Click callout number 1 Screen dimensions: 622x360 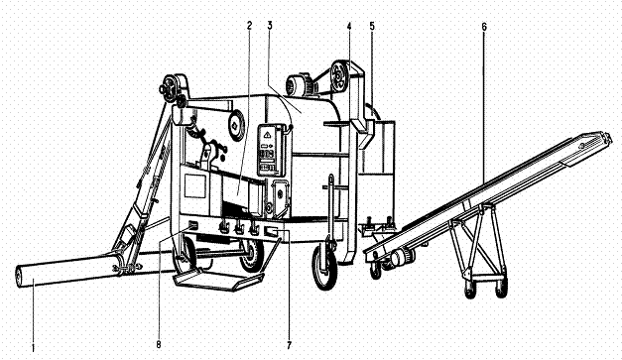[34, 348]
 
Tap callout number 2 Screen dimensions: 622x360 [249, 26]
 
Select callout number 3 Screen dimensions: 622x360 [270, 26]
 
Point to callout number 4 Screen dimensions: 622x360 [349, 26]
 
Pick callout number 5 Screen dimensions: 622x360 [372, 26]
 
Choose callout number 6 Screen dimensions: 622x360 [484, 27]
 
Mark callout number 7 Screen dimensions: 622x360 [289, 345]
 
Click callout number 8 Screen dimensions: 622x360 [159, 344]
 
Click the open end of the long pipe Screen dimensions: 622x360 [19, 277]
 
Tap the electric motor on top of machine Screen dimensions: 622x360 [300, 84]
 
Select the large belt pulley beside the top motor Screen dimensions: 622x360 [339, 75]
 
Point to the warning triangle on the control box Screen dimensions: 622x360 [267, 135]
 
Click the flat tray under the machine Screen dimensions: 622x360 [218, 280]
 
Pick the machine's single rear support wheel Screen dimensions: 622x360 [324, 267]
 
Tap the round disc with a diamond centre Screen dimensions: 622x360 [236, 125]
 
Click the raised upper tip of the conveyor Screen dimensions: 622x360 [608, 137]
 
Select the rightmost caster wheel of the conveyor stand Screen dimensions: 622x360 [501, 289]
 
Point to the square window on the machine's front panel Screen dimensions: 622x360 [195, 185]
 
